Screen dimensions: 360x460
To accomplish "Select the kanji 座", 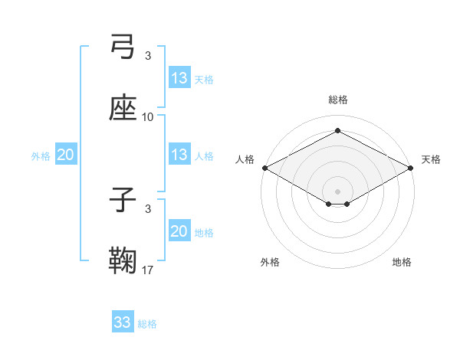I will (x=123, y=107).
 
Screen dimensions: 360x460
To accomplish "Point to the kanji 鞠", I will (x=123, y=260).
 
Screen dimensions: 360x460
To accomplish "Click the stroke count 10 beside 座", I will (x=148, y=117).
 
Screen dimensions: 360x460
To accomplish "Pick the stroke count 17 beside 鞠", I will (x=148, y=270).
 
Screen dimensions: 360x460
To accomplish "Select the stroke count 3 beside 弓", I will (x=148, y=56).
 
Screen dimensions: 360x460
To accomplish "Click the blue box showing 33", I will (x=123, y=322).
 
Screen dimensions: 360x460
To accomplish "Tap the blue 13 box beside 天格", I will (x=179, y=78).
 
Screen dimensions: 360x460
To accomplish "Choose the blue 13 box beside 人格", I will (x=179, y=155).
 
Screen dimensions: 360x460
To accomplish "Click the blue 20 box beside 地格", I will (x=179, y=231).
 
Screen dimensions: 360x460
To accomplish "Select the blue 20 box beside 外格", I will (x=66, y=155).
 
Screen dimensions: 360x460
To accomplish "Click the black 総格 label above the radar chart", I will (x=337, y=100).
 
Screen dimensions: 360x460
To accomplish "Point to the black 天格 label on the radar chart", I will (x=431, y=159).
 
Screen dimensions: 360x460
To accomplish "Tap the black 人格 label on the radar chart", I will (x=245, y=159).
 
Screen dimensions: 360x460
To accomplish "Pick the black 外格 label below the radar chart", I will (x=270, y=263).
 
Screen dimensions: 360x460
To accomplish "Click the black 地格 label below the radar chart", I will (x=402, y=263).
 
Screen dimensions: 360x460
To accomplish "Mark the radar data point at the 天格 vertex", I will (x=412, y=167).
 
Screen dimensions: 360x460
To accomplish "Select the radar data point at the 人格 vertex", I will (x=264, y=167).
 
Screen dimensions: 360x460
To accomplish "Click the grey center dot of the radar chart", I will (x=337, y=191).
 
